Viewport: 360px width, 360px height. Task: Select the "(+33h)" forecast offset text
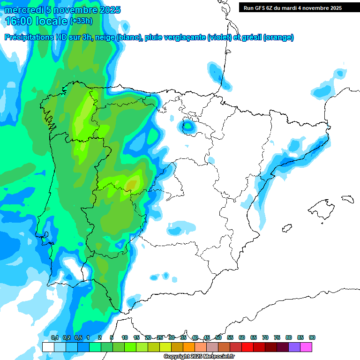tap(81, 21)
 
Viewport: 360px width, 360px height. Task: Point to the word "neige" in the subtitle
tap(105, 37)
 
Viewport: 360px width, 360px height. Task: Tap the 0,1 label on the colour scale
tap(54, 337)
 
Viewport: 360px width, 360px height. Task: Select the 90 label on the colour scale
tap(312, 337)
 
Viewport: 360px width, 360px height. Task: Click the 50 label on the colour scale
tap(218, 337)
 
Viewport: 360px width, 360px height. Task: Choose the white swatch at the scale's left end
tap(48, 347)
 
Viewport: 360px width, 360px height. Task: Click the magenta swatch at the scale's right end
tap(306, 347)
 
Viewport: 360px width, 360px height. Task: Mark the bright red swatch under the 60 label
tap(247, 347)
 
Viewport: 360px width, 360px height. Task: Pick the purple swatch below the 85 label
tap(294, 347)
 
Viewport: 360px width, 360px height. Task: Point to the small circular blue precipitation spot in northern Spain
tap(188, 126)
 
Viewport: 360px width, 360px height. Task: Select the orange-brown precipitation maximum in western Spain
tap(132, 184)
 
